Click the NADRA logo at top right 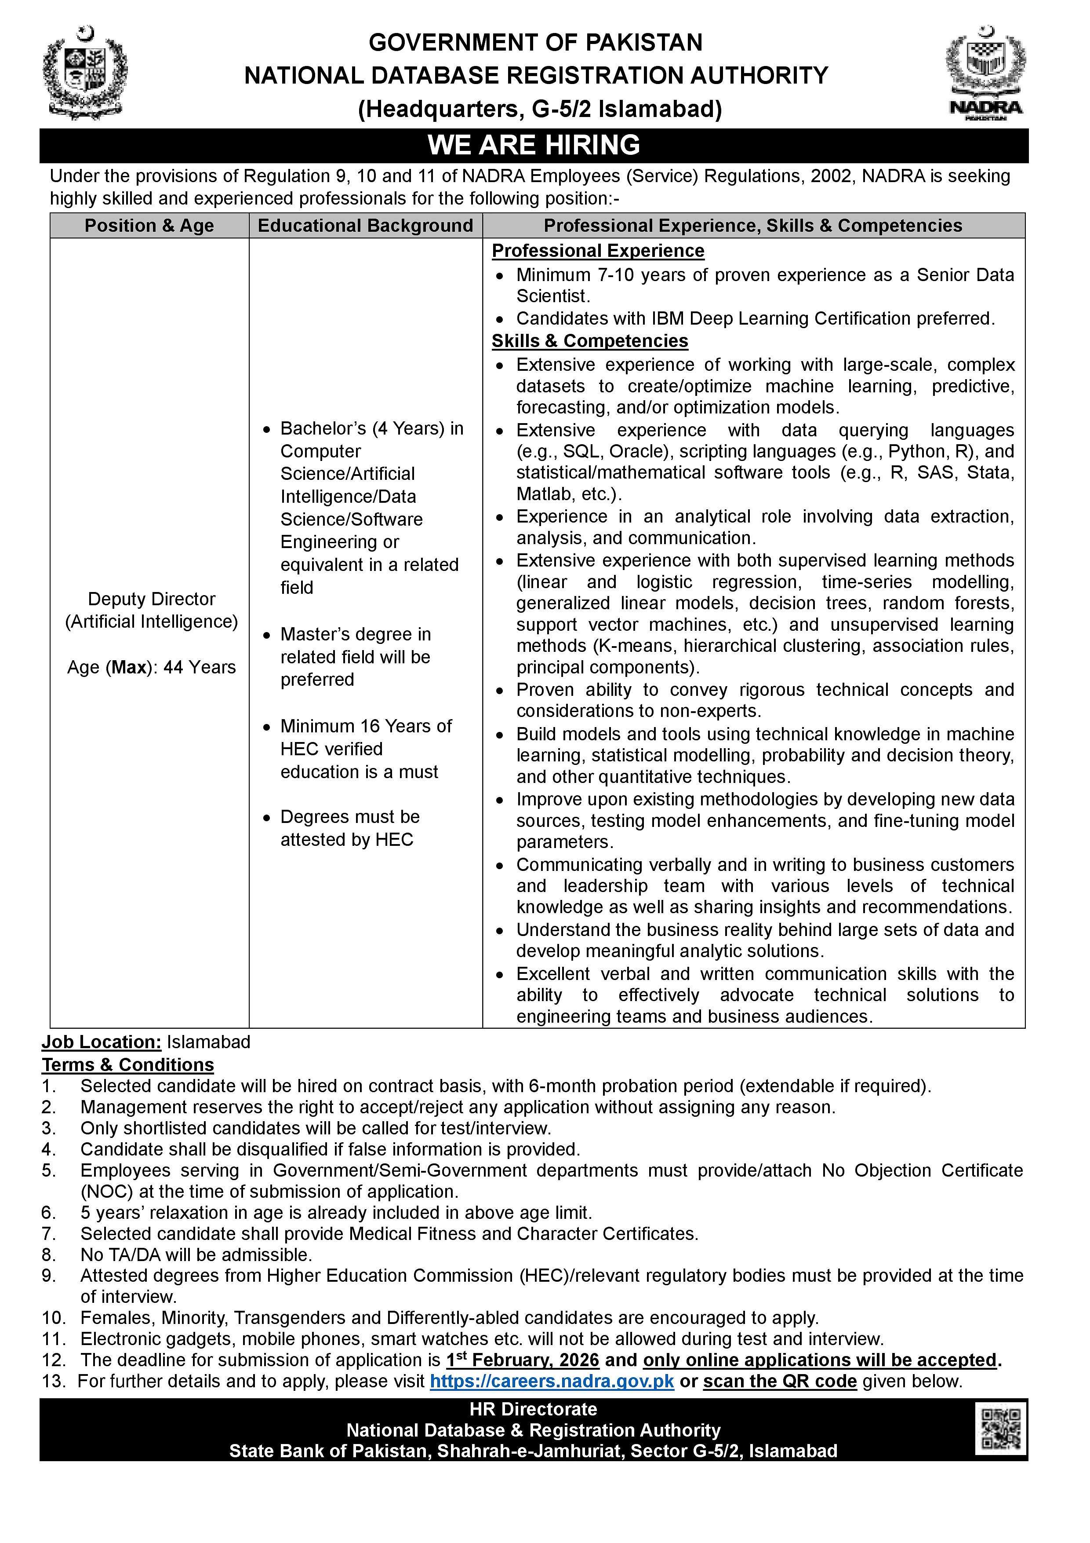985,74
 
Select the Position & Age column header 149,226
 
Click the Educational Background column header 365,226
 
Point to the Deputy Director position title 152,599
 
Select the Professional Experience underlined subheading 598,251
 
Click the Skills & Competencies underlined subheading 590,341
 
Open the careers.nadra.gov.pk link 552,1381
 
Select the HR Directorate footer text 533,1409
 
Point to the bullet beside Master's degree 267,635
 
